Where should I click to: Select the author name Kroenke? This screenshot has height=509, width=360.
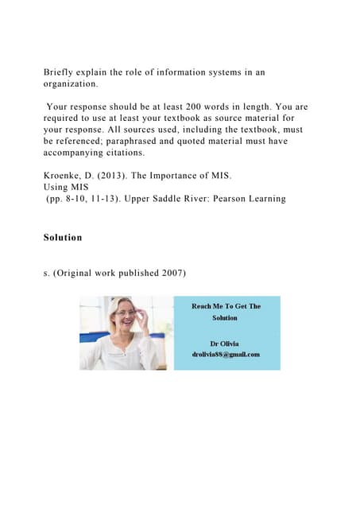coord(64,175)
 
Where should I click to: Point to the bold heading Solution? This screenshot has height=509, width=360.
coord(63,238)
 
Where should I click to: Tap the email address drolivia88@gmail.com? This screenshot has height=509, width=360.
coord(225,355)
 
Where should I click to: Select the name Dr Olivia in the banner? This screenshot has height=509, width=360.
coord(225,343)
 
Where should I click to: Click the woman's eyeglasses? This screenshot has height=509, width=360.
coord(126,313)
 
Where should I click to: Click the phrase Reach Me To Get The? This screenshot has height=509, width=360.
coord(225,306)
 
